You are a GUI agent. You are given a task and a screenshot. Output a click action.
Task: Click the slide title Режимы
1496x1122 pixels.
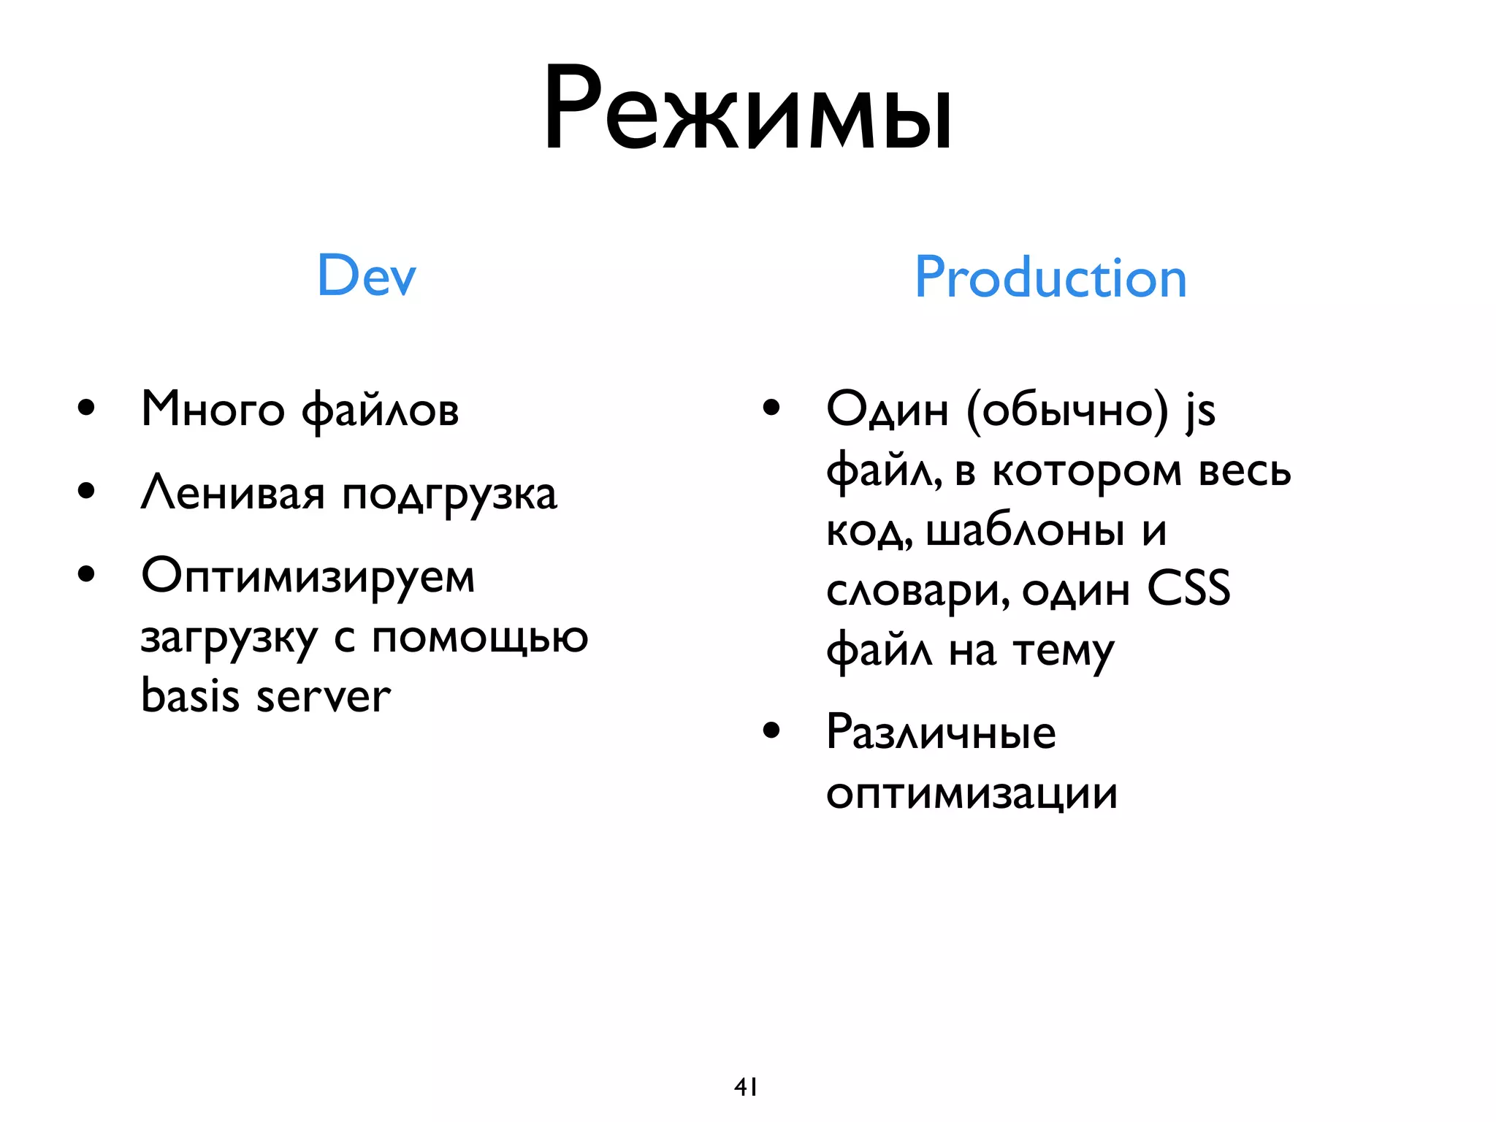coord(747,110)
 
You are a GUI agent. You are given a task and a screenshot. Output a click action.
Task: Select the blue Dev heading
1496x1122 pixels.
coord(366,275)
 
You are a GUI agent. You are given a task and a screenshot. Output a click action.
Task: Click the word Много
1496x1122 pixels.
coord(213,409)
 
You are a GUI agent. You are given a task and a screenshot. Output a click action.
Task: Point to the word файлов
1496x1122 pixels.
coord(380,411)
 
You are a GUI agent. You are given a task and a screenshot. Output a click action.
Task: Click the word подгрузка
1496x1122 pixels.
coord(449,497)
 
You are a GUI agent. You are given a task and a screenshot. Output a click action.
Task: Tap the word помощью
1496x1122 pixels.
coord(480,638)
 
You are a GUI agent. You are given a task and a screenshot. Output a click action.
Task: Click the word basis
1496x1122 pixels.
coord(190,695)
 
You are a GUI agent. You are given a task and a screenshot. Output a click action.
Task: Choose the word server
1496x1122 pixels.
coord(323,698)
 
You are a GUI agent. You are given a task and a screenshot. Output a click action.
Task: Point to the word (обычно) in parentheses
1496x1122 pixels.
coord(1067,411)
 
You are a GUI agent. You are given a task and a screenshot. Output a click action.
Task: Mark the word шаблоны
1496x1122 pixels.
coord(1025,531)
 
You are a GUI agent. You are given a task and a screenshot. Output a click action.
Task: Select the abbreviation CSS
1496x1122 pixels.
coord(1188,589)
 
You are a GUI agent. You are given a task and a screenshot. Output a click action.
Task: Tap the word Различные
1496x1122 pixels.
coord(941,732)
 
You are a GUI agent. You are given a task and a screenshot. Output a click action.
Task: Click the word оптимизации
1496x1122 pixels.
coord(972,795)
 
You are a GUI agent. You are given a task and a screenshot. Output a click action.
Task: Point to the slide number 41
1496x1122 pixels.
coord(746,1087)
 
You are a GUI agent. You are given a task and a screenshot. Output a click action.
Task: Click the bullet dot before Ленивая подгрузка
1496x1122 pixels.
coord(86,491)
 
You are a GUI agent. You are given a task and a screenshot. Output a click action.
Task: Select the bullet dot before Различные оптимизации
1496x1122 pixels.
coord(771,730)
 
